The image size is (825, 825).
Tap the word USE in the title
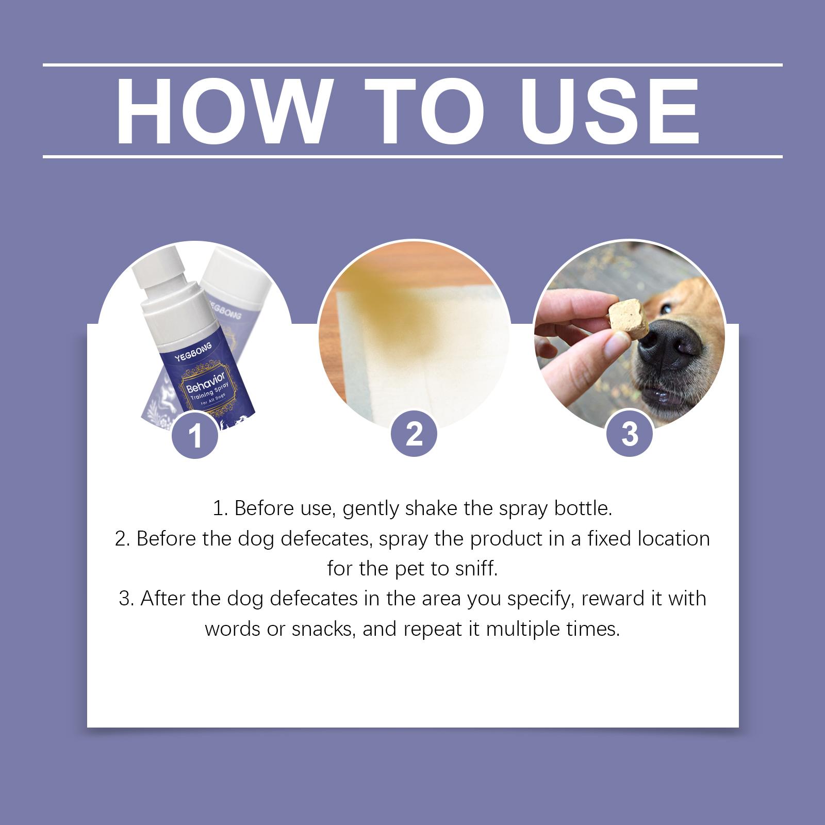coord(610,111)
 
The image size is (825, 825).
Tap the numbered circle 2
coord(414,434)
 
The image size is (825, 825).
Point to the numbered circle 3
coord(630,434)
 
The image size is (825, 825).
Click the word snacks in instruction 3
coord(323,630)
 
